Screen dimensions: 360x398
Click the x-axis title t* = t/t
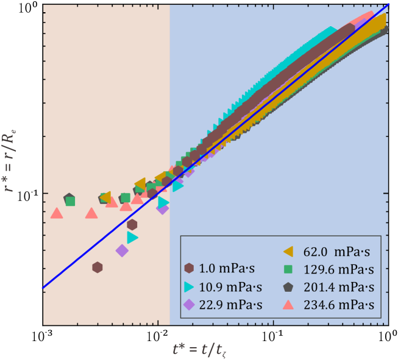pyautogui.click(x=202, y=348)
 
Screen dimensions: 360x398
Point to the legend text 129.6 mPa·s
pyautogui.click(x=338, y=269)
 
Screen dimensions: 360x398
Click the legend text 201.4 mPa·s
pyautogui.click(x=338, y=287)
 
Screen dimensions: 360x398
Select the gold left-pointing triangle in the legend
pyautogui.click(x=289, y=250)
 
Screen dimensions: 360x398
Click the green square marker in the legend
pyautogui.click(x=290, y=269)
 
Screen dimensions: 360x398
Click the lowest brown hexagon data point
pyautogui.click(x=97, y=267)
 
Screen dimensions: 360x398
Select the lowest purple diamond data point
pyautogui.click(x=122, y=250)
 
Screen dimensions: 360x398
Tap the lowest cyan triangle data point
pyautogui.click(x=132, y=237)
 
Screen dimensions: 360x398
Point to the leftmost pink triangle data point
pyautogui.click(x=57, y=213)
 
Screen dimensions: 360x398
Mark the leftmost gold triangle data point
pyautogui.click(x=105, y=197)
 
